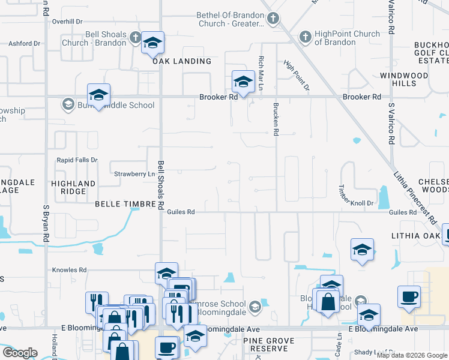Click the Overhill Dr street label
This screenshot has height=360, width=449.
point(67,22)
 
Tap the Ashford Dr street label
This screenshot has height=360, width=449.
point(24,43)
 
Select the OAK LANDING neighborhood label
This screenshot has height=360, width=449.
point(182,61)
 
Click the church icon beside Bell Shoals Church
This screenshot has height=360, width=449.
point(135,38)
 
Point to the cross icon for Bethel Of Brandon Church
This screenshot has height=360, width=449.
point(273,19)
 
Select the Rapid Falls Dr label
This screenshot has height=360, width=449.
point(77,160)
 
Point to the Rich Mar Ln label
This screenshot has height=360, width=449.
point(261,69)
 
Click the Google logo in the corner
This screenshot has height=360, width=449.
point(20,353)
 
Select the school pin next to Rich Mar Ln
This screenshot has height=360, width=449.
point(244,82)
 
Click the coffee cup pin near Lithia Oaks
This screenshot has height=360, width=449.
point(409,296)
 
